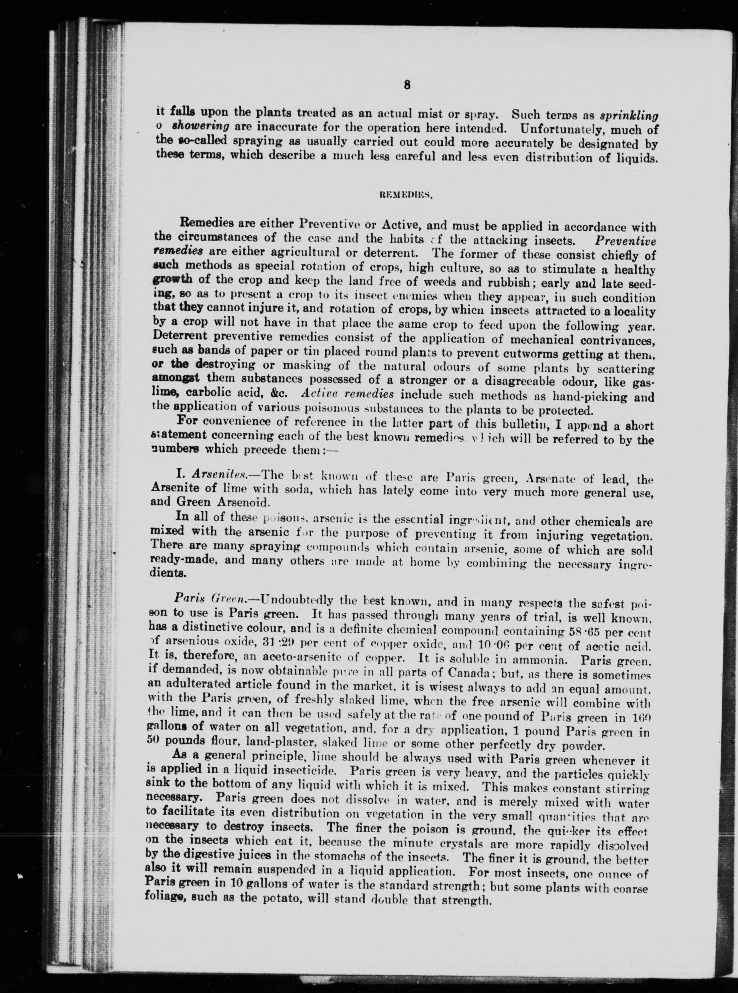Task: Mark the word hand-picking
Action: coord(588,397)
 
